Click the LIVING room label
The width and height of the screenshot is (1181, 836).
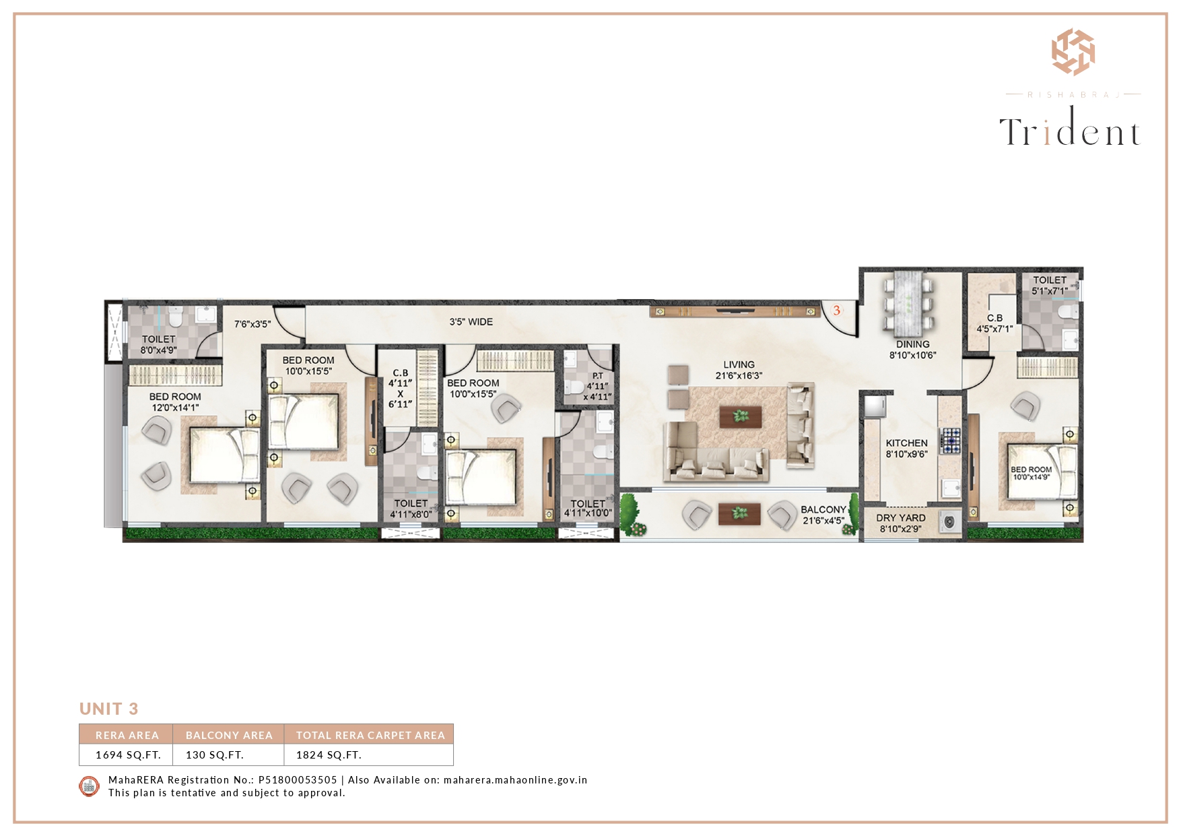click(739, 364)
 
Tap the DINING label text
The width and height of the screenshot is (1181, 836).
click(912, 344)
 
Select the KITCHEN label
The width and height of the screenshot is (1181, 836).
click(906, 443)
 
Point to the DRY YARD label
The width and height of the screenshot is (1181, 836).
click(901, 518)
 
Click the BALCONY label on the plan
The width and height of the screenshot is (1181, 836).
click(823, 510)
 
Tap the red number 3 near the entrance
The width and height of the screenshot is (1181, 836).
click(836, 311)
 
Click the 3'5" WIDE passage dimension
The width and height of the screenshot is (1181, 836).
click(471, 322)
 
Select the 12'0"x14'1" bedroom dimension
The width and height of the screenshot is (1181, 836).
click(175, 408)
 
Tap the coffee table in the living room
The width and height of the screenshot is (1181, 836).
click(741, 416)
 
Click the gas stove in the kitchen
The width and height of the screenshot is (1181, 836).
click(950, 440)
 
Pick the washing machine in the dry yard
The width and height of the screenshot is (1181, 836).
click(950, 521)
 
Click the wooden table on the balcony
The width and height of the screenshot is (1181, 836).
click(739, 513)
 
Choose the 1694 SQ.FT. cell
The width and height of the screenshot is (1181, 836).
click(128, 755)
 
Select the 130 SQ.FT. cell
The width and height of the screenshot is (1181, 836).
click(215, 755)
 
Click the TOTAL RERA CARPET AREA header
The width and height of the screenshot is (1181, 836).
click(370, 735)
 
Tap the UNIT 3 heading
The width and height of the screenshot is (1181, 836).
click(108, 709)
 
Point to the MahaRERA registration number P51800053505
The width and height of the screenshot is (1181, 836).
click(298, 780)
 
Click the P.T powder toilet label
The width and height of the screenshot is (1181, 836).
click(597, 376)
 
